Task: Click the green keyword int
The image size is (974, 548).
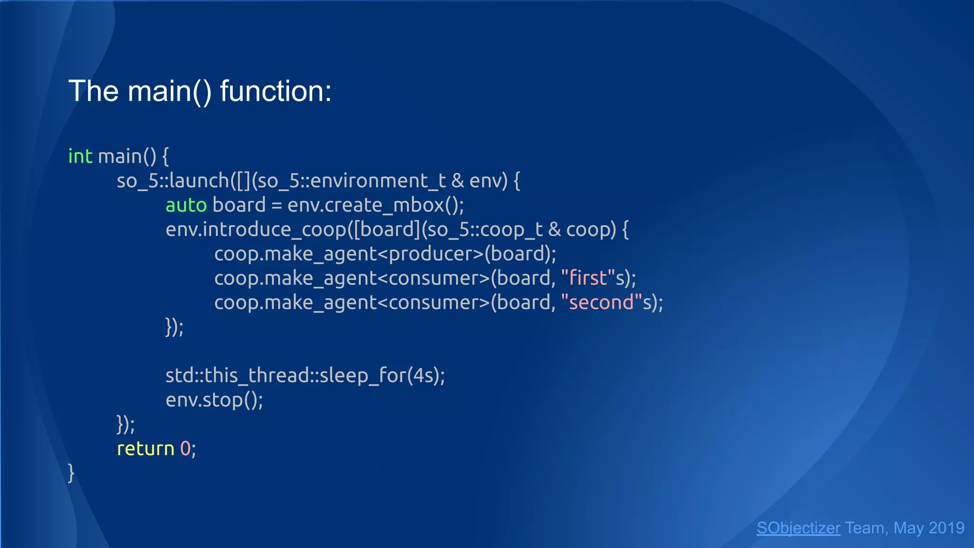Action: point(80,157)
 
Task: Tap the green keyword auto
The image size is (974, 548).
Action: point(186,205)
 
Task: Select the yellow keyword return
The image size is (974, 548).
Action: point(146,449)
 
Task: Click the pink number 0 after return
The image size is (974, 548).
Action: point(185,449)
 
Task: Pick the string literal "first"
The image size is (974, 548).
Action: point(588,278)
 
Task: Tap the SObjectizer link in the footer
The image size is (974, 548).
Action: point(798,528)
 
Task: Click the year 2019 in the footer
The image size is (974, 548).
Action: point(946,528)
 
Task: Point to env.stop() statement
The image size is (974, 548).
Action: point(214,400)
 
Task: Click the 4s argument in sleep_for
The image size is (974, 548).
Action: point(423,376)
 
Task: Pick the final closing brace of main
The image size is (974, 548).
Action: point(71,473)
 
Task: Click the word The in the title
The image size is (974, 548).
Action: point(93,91)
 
